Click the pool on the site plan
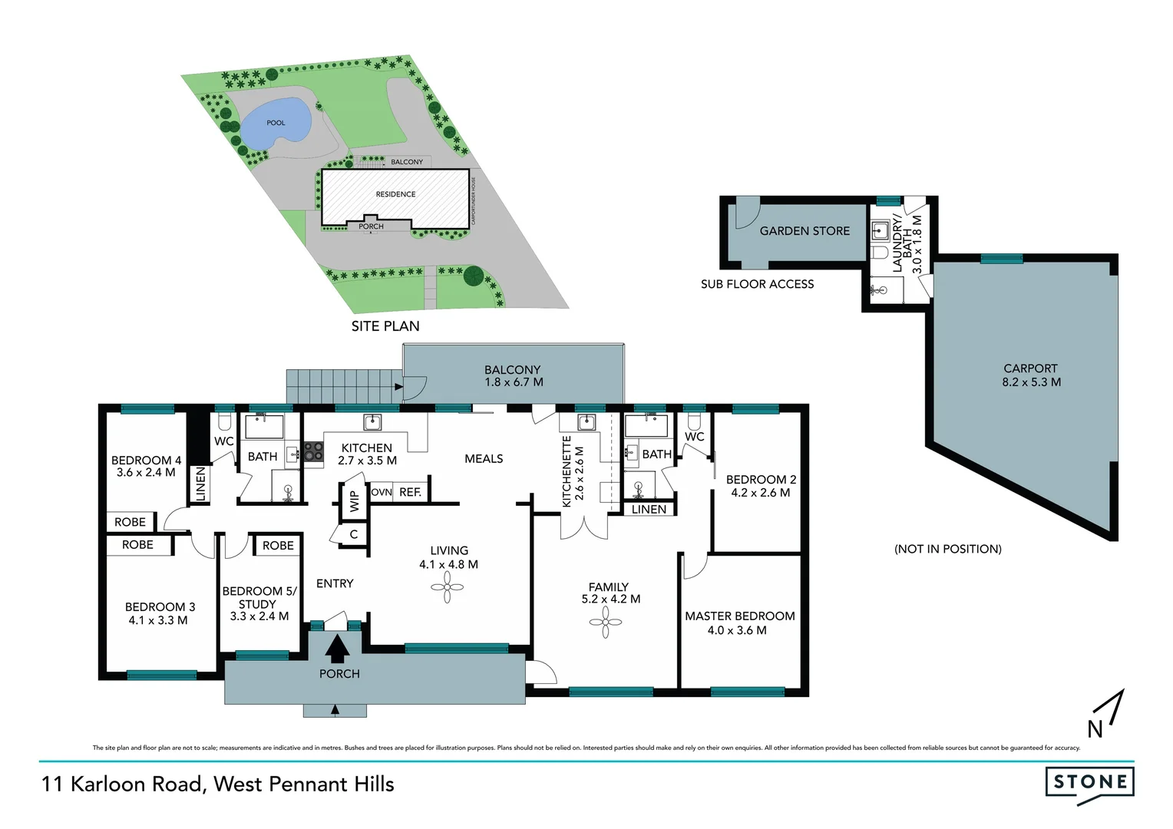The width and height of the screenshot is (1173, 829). [275, 124]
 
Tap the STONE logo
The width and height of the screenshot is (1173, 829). [1089, 783]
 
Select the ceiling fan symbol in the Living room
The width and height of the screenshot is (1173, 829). [448, 588]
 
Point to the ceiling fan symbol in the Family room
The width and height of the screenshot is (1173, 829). [606, 623]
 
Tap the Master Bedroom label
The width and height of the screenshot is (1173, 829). [739, 616]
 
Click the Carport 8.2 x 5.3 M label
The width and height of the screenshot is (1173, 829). [1030, 375]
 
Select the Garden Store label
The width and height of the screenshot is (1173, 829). [805, 231]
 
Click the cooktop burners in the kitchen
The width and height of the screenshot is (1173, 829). [313, 451]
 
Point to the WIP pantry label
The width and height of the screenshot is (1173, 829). [354, 501]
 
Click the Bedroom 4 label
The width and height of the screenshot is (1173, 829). [146, 461]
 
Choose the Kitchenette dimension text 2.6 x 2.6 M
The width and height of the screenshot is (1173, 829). [580, 473]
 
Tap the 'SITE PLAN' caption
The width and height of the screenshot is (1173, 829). [385, 326]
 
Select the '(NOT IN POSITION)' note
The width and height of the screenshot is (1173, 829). [947, 549]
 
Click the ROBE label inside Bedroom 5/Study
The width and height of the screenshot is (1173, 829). [278, 546]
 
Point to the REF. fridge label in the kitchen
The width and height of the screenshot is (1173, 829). [410, 493]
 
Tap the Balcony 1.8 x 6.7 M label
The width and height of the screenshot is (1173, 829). [513, 376]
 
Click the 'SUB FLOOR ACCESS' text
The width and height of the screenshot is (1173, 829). [757, 284]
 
